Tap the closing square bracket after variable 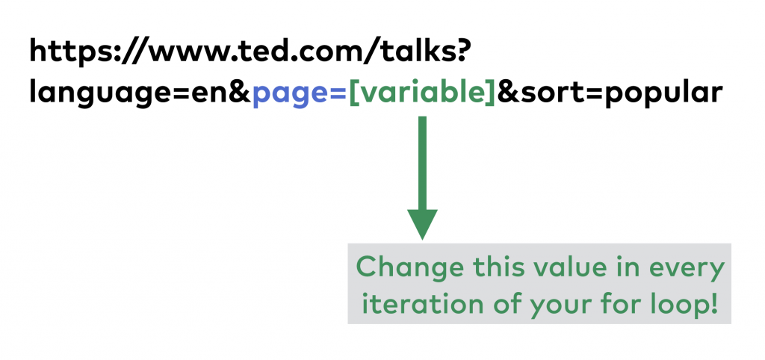(491, 94)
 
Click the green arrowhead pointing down (422, 223)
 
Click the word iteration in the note (404, 303)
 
